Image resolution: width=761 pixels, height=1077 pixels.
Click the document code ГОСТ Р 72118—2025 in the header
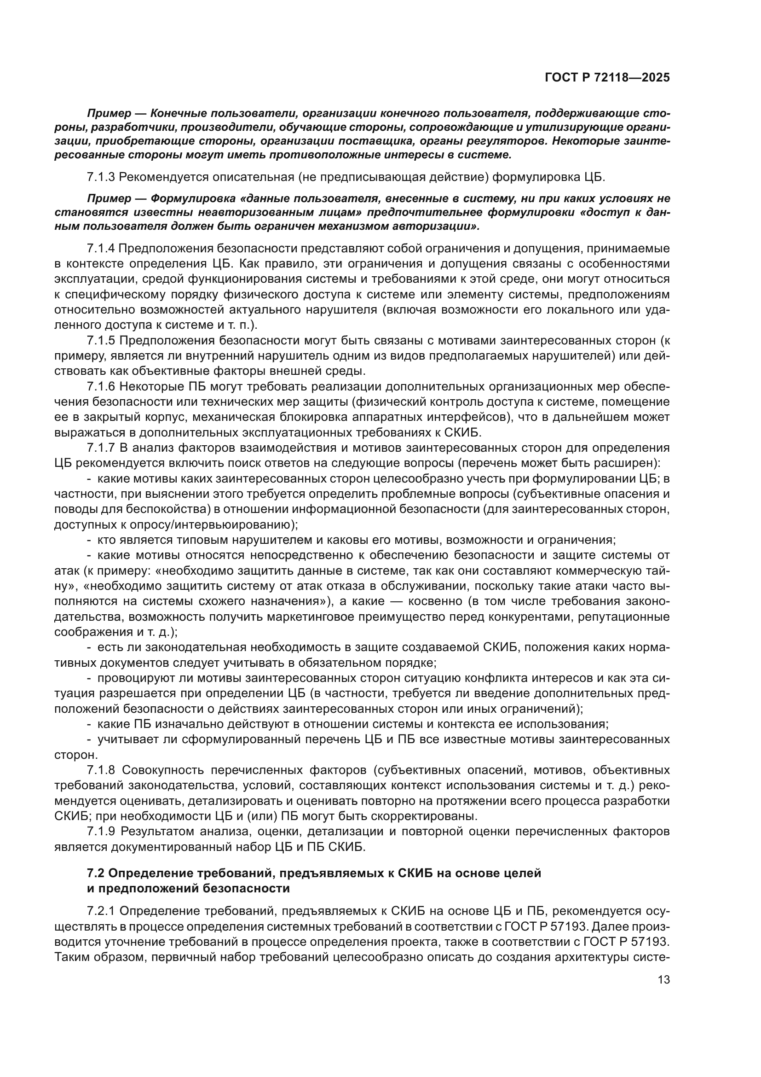(607, 78)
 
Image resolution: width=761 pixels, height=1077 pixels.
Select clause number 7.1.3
(101, 177)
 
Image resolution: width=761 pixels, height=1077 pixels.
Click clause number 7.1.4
(101, 248)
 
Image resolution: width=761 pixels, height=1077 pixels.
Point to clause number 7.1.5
(101, 341)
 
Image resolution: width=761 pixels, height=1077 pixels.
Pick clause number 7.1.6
(101, 386)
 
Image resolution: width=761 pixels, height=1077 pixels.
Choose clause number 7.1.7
(101, 448)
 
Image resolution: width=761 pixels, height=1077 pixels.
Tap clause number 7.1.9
(101, 832)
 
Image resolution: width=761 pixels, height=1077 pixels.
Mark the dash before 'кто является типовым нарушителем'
(89, 540)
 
